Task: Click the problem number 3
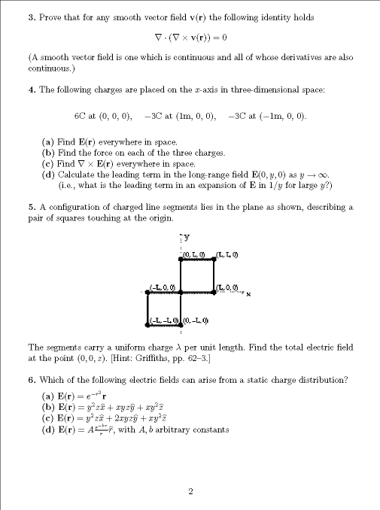(30, 17)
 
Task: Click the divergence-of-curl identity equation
(190, 36)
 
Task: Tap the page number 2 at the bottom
(190, 492)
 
